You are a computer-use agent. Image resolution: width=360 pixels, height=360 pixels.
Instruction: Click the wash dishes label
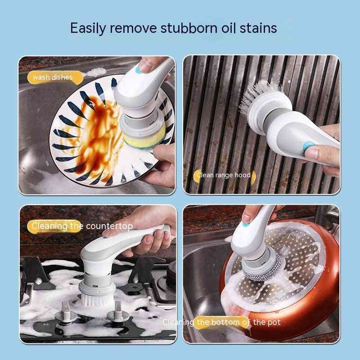tap(53, 77)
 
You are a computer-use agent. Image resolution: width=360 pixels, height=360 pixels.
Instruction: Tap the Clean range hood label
tap(223, 175)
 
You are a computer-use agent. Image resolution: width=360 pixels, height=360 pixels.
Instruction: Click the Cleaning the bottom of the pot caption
tap(221, 322)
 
